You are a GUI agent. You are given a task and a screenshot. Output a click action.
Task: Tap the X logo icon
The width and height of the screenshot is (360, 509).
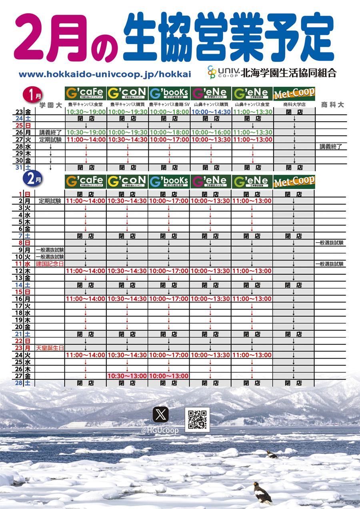tap(161, 414)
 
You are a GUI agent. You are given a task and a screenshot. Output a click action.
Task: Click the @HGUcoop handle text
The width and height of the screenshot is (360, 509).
tap(160, 430)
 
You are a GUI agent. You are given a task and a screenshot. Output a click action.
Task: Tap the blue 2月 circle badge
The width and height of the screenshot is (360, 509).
tap(32, 180)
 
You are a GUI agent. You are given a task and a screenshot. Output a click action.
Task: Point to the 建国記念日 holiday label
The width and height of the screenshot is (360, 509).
tap(50, 264)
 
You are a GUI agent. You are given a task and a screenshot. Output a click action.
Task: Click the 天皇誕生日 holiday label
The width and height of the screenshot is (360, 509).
tap(50, 348)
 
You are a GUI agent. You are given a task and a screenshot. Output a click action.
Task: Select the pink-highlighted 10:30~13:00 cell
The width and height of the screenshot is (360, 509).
tap(127, 376)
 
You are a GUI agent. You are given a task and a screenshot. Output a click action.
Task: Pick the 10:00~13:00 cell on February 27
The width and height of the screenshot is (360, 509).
tap(169, 376)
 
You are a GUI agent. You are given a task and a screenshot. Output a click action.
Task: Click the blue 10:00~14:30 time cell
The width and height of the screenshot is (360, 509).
tap(210, 112)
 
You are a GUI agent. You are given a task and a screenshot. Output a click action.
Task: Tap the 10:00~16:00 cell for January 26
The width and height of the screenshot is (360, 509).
tap(210, 132)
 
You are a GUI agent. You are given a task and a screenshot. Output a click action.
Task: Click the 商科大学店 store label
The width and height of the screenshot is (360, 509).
tap(294, 105)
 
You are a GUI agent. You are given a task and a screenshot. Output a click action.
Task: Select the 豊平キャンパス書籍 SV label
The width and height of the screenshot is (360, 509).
tap(169, 105)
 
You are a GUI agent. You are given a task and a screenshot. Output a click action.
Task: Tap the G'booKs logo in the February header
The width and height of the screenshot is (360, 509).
tap(169, 181)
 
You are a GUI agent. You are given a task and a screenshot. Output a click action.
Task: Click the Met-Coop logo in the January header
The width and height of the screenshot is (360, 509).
tap(294, 94)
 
